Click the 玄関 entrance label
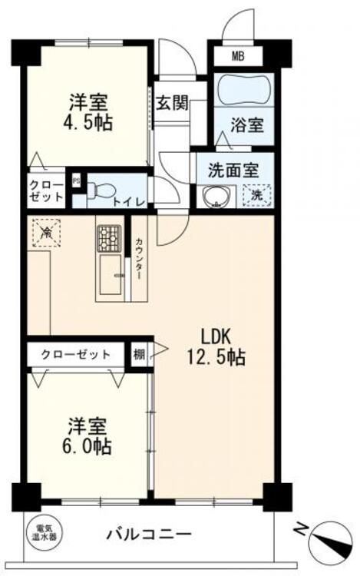coord(172,104)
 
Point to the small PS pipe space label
coord(76,182)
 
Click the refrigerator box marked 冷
coord(47,231)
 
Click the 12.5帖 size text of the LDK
coord(216,357)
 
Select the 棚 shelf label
coord(138,354)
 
